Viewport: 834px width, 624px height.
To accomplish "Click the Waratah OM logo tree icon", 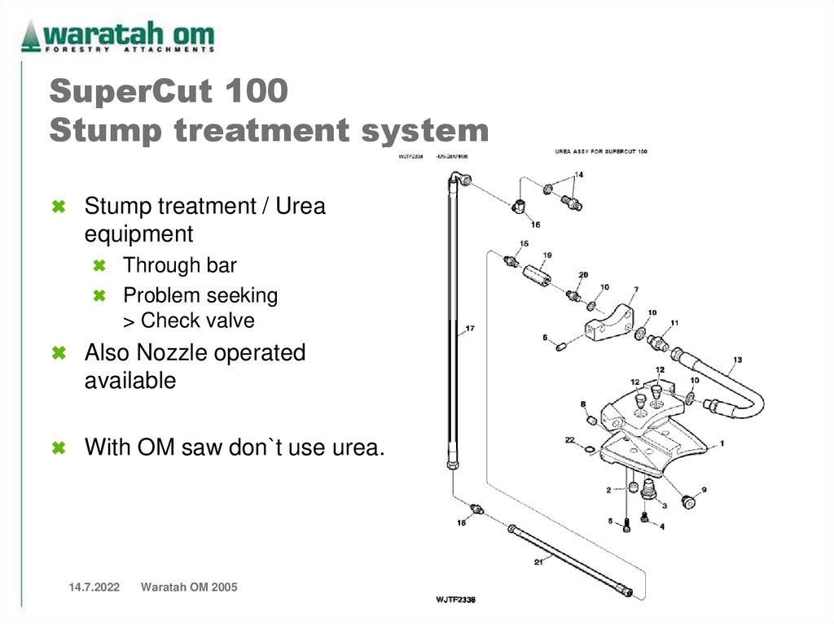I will point(30,37).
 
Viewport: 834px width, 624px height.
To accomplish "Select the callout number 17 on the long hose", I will point(470,329).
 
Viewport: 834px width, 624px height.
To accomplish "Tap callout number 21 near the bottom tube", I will point(538,561).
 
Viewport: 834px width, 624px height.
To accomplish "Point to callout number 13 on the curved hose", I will point(737,359).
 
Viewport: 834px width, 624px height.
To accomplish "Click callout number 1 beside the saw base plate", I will point(722,444).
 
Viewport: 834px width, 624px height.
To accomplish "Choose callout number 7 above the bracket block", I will point(635,289).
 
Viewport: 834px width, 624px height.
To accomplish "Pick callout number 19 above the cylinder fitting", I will point(547,255).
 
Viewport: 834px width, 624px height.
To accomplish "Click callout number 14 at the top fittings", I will point(578,174).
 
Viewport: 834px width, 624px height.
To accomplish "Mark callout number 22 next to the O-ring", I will point(569,439).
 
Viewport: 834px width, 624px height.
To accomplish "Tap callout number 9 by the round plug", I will point(704,490).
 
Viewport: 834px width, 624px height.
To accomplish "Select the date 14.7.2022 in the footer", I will point(88,587).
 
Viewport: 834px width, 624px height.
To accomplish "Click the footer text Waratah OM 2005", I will point(189,587).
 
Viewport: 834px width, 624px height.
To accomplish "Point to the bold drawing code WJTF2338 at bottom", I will point(455,600).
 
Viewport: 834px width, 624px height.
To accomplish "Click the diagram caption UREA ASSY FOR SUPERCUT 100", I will point(601,151).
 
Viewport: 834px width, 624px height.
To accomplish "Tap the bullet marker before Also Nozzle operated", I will point(59,354).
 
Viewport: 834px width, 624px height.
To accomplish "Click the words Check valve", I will point(198,321).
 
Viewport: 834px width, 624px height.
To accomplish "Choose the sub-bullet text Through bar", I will point(179,265).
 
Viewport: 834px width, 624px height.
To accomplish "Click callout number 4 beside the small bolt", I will point(661,526).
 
